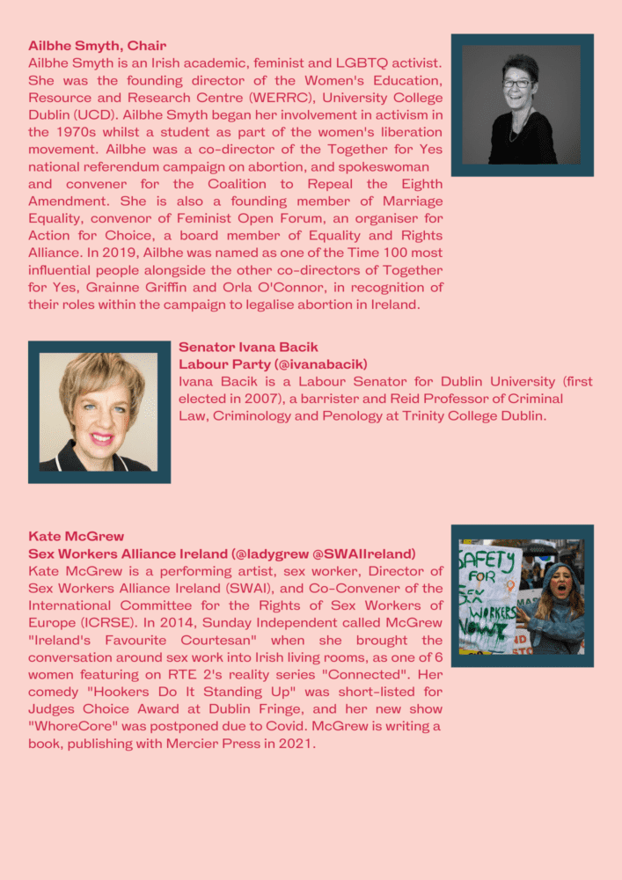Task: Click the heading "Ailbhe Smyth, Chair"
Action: [x=97, y=45]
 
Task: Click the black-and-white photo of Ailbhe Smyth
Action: [x=522, y=105]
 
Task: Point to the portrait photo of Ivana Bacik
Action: [x=99, y=412]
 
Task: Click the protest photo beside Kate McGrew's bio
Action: [x=522, y=596]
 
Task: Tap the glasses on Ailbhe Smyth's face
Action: [x=517, y=84]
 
